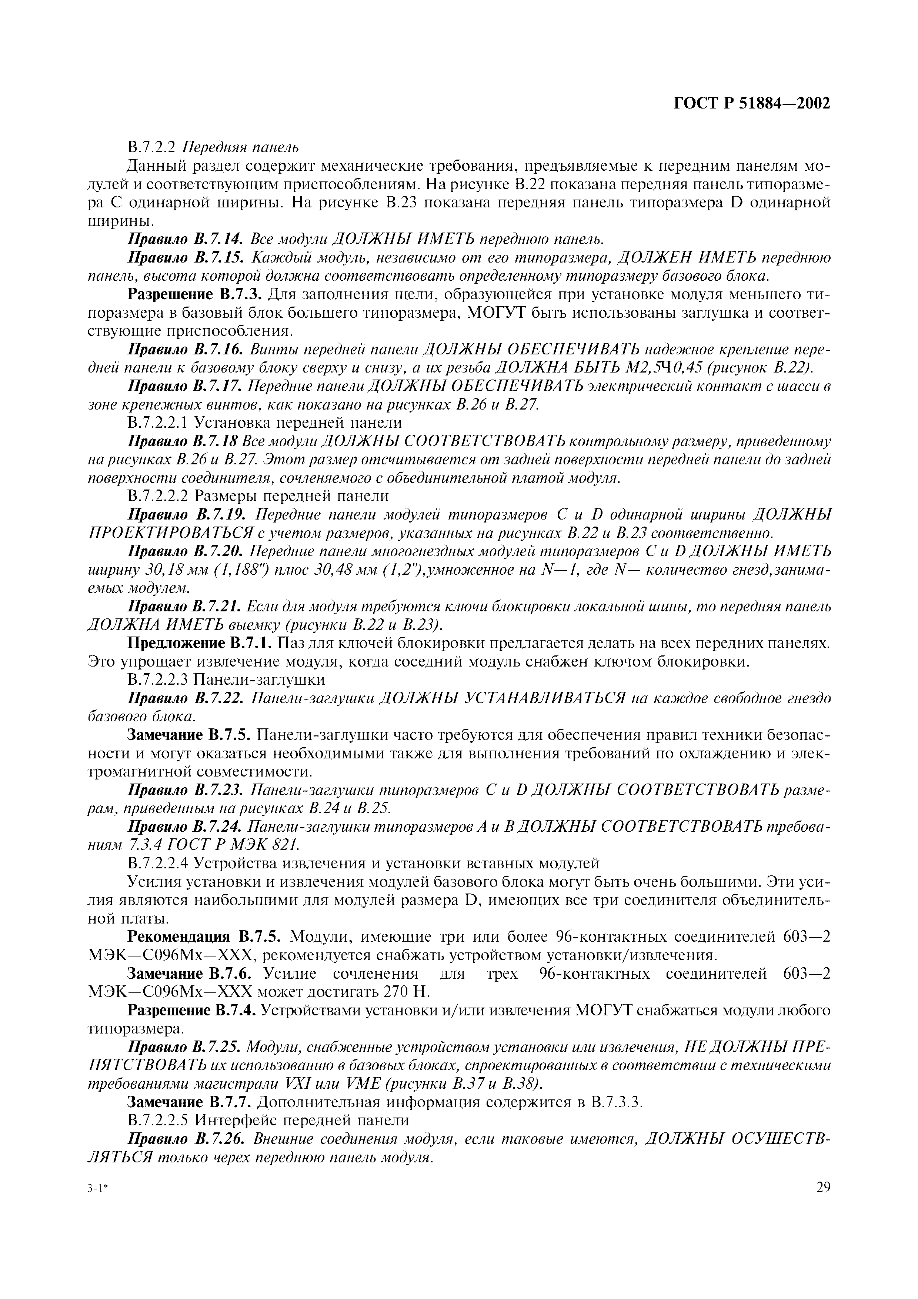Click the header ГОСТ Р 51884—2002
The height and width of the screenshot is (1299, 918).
coord(752,104)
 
